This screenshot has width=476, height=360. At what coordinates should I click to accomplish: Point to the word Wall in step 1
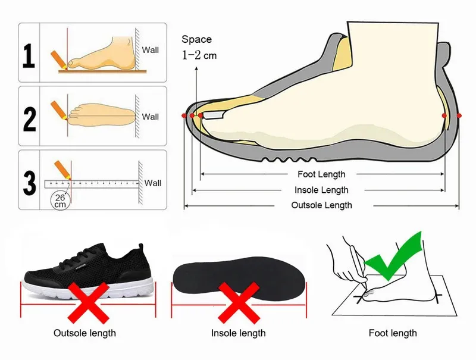(151, 51)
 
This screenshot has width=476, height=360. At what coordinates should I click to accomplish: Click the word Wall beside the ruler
(153, 183)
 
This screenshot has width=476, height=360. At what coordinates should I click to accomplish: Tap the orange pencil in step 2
(59, 109)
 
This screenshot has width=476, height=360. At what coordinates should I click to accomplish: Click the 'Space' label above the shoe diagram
(196, 39)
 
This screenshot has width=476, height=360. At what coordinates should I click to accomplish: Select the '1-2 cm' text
(199, 55)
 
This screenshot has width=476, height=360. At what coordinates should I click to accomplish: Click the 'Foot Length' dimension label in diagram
(321, 174)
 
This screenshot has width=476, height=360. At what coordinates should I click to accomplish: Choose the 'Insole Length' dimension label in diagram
(321, 190)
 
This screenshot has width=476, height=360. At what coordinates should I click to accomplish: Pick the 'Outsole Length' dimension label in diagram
(321, 205)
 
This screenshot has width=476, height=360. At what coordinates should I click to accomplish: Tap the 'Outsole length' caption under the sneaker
(84, 333)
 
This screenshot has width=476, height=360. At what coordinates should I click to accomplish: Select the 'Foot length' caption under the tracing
(393, 333)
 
